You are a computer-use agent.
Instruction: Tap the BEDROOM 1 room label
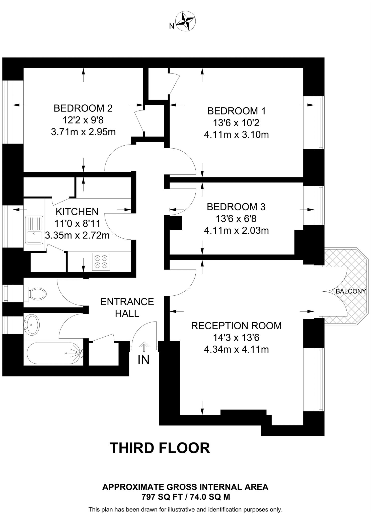click(x=236, y=111)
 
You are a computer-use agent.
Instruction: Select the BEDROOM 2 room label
click(x=83, y=108)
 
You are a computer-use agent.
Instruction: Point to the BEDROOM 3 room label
click(x=236, y=207)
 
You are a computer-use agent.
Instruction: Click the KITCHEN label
click(x=77, y=212)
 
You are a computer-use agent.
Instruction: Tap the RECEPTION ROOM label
click(x=236, y=326)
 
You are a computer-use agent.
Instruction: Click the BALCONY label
click(x=351, y=291)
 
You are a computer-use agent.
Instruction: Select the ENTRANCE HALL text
click(x=127, y=307)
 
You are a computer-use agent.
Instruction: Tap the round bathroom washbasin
click(x=32, y=325)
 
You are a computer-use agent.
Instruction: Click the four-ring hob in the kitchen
click(x=101, y=262)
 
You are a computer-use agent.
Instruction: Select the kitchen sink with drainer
click(x=34, y=230)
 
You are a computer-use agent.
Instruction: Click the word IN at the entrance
click(x=143, y=360)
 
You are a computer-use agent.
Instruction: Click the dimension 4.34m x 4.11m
click(x=236, y=349)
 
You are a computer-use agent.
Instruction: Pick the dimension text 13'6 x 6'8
click(x=236, y=219)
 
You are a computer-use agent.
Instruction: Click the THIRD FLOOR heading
click(x=160, y=448)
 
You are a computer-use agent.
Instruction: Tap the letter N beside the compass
click(x=172, y=26)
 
